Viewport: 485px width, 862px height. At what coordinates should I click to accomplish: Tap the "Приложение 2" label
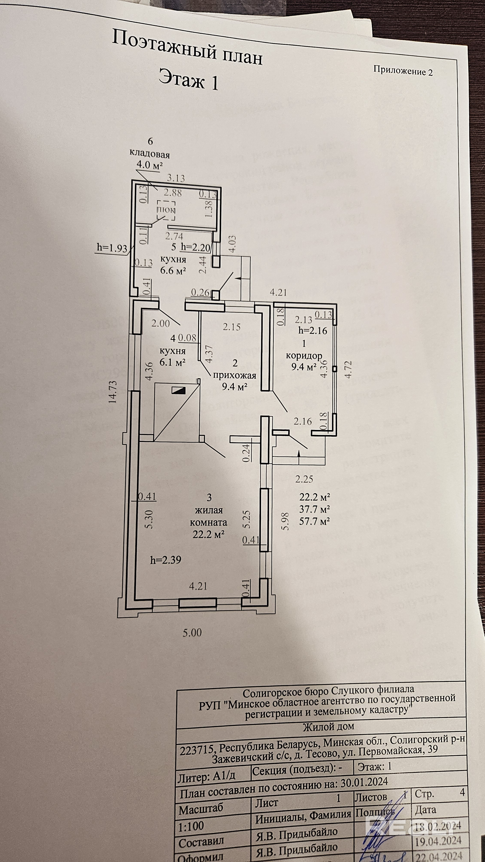[x=403, y=71]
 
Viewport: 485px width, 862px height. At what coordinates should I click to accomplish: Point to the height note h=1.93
[x=112, y=248]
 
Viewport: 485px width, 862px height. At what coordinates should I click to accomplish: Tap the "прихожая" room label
[x=235, y=375]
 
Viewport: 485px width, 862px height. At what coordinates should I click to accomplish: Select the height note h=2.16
[x=313, y=331]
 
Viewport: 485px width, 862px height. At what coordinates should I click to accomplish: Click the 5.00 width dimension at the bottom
[x=192, y=632]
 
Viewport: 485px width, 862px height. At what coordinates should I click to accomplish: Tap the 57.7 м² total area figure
[x=314, y=521]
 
